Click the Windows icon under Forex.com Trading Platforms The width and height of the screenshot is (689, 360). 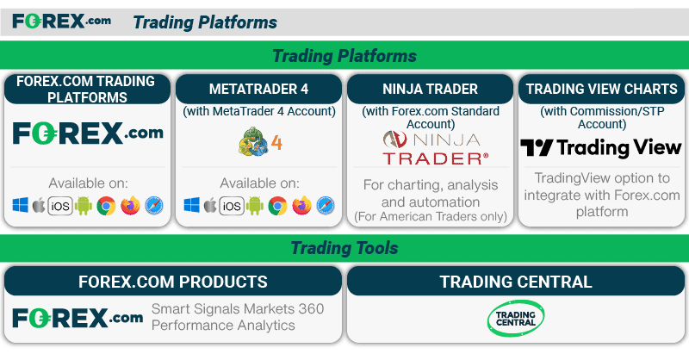[x=20, y=205]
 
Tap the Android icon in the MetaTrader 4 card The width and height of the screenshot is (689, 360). [x=255, y=205]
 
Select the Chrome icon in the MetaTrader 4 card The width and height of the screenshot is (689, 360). [x=277, y=206]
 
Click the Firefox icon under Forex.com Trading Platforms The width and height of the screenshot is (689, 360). [x=130, y=205]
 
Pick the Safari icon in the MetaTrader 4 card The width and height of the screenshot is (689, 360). [x=326, y=206]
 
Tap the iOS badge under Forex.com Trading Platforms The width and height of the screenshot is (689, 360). [x=60, y=206]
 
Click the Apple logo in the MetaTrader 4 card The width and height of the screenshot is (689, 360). [x=210, y=205]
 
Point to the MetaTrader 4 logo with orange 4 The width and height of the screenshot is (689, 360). [x=260, y=141]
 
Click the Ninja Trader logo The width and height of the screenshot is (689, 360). [x=435, y=148]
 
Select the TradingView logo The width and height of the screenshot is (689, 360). [x=601, y=147]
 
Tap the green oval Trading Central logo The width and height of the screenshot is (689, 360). [x=516, y=319]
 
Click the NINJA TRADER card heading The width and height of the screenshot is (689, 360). [x=430, y=90]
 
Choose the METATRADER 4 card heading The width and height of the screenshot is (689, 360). [x=259, y=90]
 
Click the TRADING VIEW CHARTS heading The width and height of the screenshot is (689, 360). [x=601, y=90]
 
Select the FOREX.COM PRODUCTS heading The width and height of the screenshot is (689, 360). [x=173, y=282]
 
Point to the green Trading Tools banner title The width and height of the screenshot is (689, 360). [x=344, y=248]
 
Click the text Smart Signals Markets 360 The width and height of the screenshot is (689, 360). [x=238, y=308]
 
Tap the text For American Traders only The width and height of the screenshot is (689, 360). [x=431, y=217]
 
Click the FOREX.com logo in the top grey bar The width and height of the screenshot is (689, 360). [x=61, y=21]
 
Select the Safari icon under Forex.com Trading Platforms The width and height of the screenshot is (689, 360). [x=154, y=206]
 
